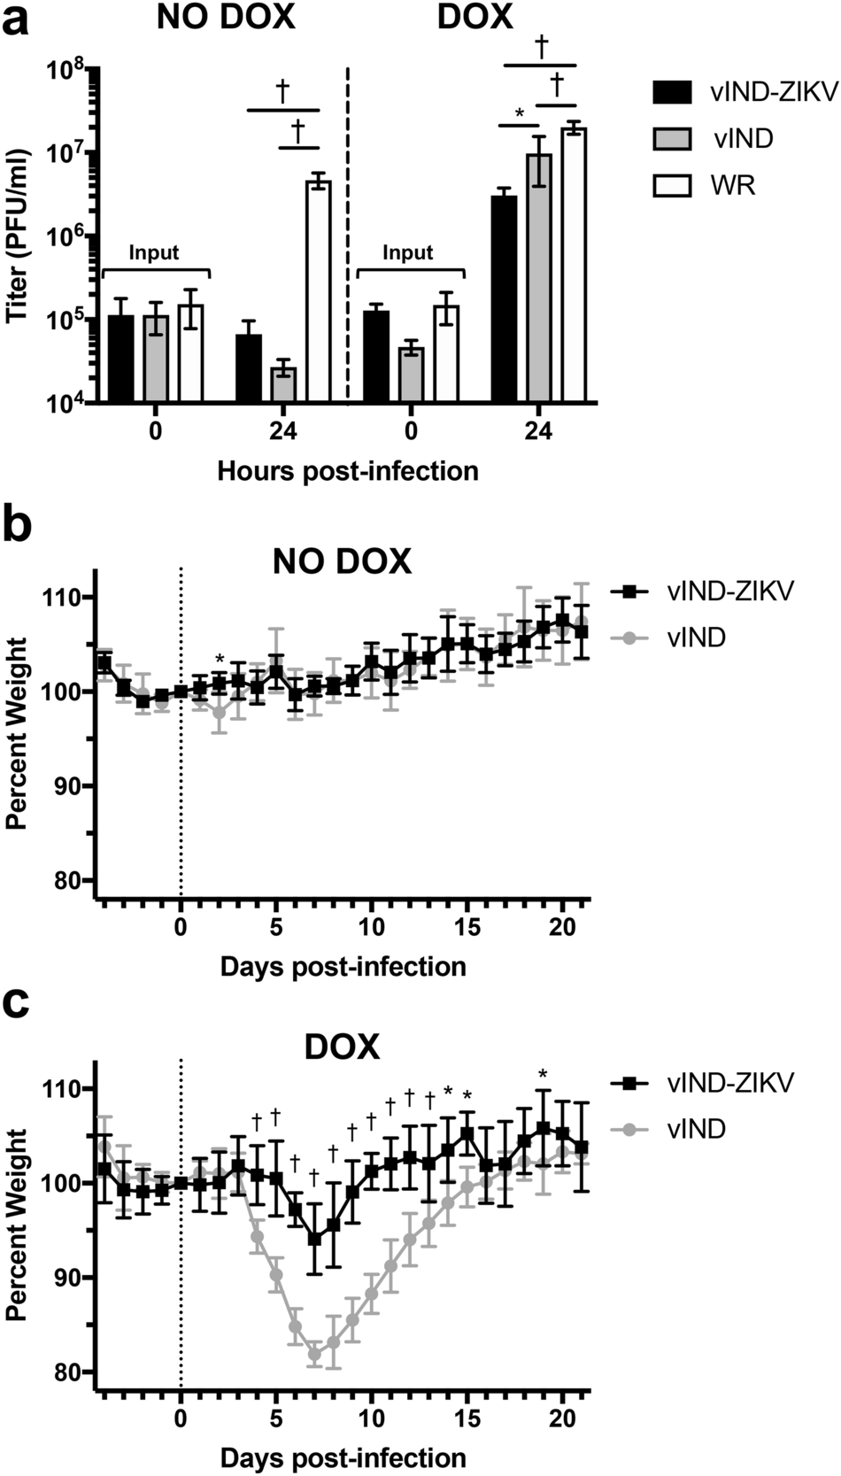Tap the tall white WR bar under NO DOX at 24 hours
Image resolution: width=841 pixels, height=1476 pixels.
[x=318, y=291]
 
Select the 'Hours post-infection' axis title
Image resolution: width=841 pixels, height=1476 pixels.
[x=348, y=470]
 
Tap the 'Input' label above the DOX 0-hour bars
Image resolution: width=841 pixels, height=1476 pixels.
[x=407, y=253]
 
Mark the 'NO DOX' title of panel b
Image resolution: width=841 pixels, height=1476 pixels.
[x=341, y=561]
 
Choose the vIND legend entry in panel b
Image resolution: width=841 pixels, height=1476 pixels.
[x=696, y=635]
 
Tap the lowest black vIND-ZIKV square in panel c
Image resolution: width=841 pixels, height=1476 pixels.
[x=314, y=1239]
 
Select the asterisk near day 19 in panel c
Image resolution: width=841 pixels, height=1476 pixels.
[x=544, y=1075]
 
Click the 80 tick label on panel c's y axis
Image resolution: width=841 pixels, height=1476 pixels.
[x=71, y=1372]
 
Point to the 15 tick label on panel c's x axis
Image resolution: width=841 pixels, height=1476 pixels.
[x=467, y=1418]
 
